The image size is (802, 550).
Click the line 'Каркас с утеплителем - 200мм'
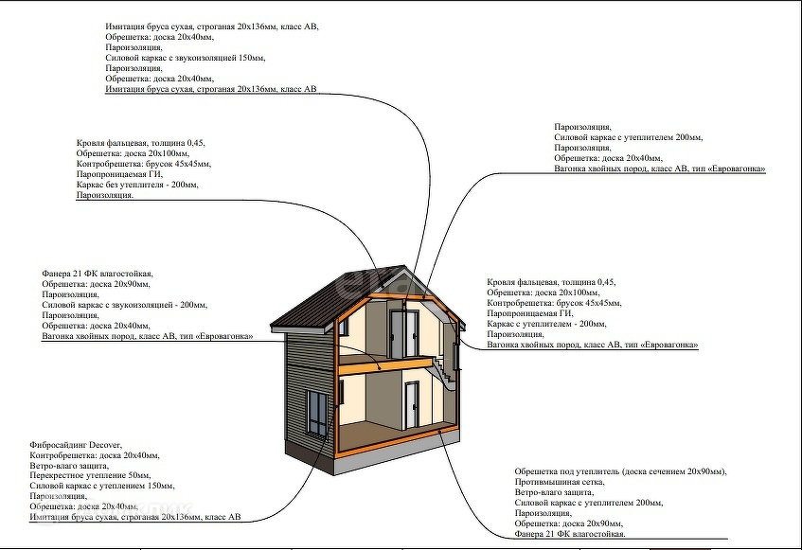click(546, 324)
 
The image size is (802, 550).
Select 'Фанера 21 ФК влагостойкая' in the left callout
click(97, 272)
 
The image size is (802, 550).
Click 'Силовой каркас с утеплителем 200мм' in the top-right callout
click(628, 137)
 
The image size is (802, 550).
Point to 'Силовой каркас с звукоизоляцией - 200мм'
click(124, 305)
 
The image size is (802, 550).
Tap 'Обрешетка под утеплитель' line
click(619, 471)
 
